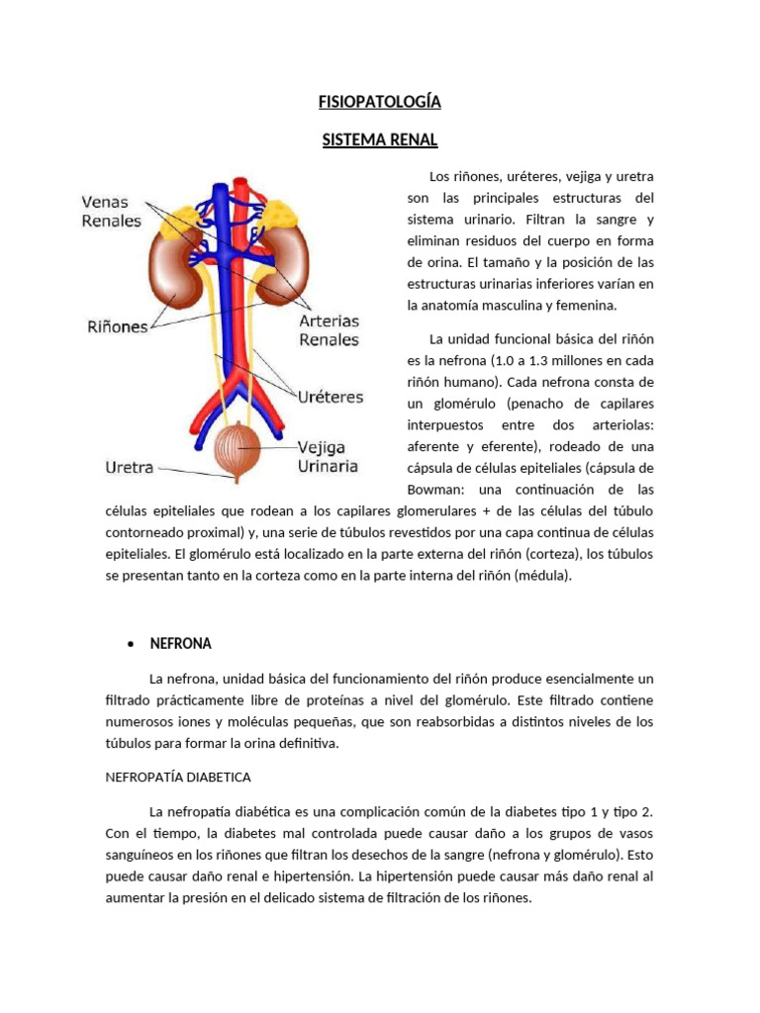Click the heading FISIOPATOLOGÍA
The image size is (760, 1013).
click(x=379, y=102)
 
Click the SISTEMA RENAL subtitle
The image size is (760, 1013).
click(x=379, y=139)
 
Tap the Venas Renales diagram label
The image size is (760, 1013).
click(x=111, y=212)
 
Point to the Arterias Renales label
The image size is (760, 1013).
click(x=330, y=330)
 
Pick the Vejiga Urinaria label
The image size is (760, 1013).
click(x=328, y=456)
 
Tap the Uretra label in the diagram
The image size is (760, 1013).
click(x=130, y=467)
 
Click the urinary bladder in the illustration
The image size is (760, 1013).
click(x=237, y=447)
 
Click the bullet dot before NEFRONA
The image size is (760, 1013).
click(x=131, y=644)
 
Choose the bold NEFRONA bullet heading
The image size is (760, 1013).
click(x=180, y=643)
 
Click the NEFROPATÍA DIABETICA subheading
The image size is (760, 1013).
click(x=178, y=777)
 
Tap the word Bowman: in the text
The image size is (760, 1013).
click(x=439, y=490)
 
